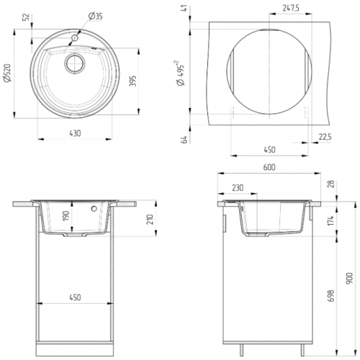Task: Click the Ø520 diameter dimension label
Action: tap(8, 73)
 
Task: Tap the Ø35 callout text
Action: tap(95, 17)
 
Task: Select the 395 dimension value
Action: tap(132, 81)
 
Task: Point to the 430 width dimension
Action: tap(75, 133)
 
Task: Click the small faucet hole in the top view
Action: tap(75, 38)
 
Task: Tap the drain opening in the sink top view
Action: tap(75, 63)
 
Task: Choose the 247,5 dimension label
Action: tap(291, 9)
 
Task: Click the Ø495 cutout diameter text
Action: tap(180, 73)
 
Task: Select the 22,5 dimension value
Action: tap(325, 137)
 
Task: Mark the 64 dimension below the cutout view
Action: tap(184, 140)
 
